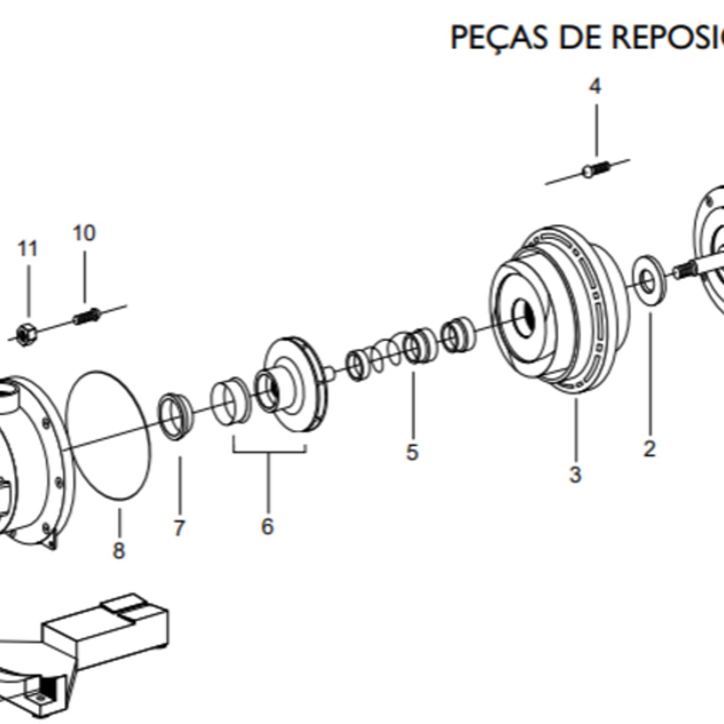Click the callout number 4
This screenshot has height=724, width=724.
point(595,86)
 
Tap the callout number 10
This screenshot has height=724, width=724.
point(84,233)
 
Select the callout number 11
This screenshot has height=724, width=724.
point(28,248)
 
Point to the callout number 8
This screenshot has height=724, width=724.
point(119,550)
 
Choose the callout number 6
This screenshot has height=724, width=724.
point(267,526)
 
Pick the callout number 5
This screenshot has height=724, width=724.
point(412,451)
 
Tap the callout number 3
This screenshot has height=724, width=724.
point(575,474)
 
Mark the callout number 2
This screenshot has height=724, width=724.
point(649,448)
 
